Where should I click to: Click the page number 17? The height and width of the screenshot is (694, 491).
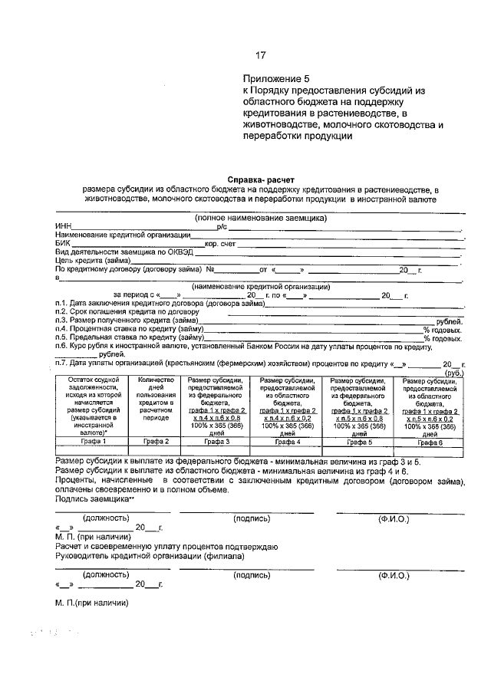tap(261, 55)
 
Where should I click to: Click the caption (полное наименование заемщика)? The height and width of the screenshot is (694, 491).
tap(260, 218)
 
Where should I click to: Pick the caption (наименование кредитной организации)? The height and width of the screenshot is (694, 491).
tap(262, 286)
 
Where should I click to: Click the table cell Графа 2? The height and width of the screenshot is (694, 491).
tap(157, 442)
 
